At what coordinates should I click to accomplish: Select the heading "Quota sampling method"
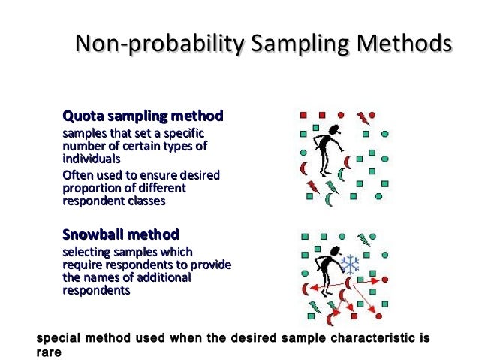pyautogui.click(x=143, y=116)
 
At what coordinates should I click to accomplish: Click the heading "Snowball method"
pyautogui.click(x=120, y=234)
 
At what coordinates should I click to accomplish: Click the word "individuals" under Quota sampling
pyautogui.click(x=91, y=159)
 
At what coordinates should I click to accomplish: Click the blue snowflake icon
pyautogui.click(x=350, y=263)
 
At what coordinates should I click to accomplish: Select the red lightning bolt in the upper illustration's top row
pyautogui.click(x=363, y=117)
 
